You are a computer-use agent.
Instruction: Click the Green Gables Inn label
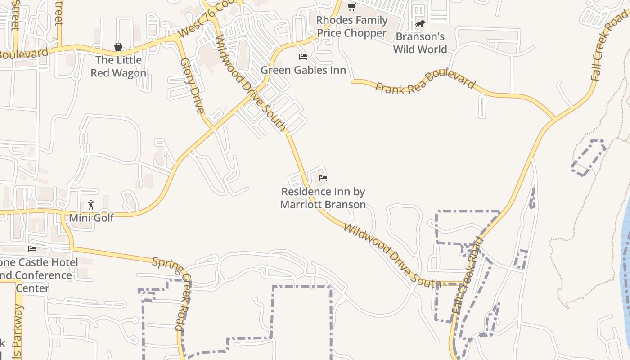click(x=303, y=70)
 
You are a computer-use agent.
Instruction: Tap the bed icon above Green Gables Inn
click(x=303, y=57)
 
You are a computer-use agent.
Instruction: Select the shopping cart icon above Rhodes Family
click(x=351, y=7)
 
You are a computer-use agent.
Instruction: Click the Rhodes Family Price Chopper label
click(x=351, y=27)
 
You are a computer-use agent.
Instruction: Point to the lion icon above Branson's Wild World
click(x=420, y=23)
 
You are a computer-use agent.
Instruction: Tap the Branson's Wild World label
click(x=420, y=43)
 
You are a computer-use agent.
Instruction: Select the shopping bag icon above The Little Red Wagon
click(x=118, y=47)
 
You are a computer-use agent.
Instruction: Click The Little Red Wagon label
click(x=118, y=66)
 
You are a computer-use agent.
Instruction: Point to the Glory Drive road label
click(x=193, y=85)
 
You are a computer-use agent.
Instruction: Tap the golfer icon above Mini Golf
click(x=91, y=205)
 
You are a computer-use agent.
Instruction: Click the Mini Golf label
click(x=91, y=218)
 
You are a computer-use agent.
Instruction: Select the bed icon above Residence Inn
click(x=323, y=178)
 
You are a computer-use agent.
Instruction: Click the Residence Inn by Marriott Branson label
click(x=323, y=198)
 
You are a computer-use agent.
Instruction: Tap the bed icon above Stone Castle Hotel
click(x=32, y=248)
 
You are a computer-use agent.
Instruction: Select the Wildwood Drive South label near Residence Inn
click(x=391, y=255)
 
